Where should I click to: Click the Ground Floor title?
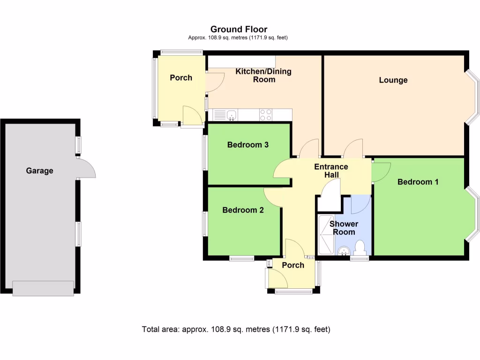[239, 30]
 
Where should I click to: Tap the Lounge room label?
[393, 80]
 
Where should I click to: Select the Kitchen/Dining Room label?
[263, 75]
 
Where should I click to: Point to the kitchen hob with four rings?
[265, 115]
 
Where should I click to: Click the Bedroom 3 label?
[247, 145]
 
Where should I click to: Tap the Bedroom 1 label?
[418, 182]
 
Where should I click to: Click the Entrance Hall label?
[331, 171]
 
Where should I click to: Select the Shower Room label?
[344, 228]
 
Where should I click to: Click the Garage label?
[39, 171]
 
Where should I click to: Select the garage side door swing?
[86, 168]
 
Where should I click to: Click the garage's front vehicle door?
[43, 288]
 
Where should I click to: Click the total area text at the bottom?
[236, 329]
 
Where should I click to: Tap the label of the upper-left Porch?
[180, 78]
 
